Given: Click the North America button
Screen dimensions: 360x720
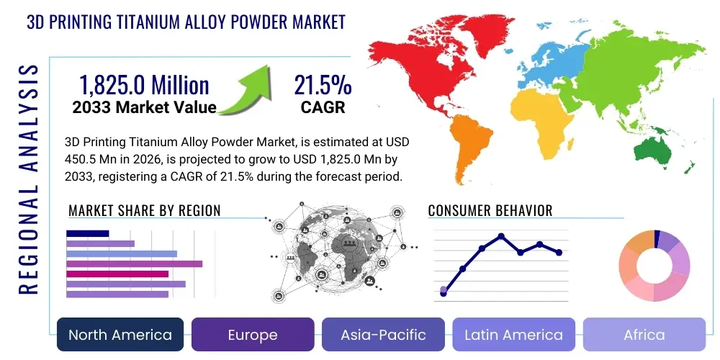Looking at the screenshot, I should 120,335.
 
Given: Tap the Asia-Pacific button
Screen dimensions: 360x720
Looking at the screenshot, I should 384,335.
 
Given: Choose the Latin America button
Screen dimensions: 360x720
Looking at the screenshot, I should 513,335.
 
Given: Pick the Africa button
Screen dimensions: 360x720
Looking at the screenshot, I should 644,335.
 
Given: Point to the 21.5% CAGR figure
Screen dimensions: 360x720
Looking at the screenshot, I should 322,86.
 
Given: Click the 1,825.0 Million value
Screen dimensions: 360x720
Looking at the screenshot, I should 144,86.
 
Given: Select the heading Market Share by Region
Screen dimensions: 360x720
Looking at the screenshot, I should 144,211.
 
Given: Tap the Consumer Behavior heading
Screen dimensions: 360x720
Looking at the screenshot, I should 490,211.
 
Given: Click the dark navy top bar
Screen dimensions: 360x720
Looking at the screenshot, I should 87,233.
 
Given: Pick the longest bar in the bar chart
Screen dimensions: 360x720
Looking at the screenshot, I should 134,264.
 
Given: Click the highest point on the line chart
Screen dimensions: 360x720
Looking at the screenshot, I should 500,236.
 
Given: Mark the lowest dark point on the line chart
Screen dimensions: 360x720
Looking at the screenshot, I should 444,294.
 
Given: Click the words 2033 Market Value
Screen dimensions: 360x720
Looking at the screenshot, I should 144,108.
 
